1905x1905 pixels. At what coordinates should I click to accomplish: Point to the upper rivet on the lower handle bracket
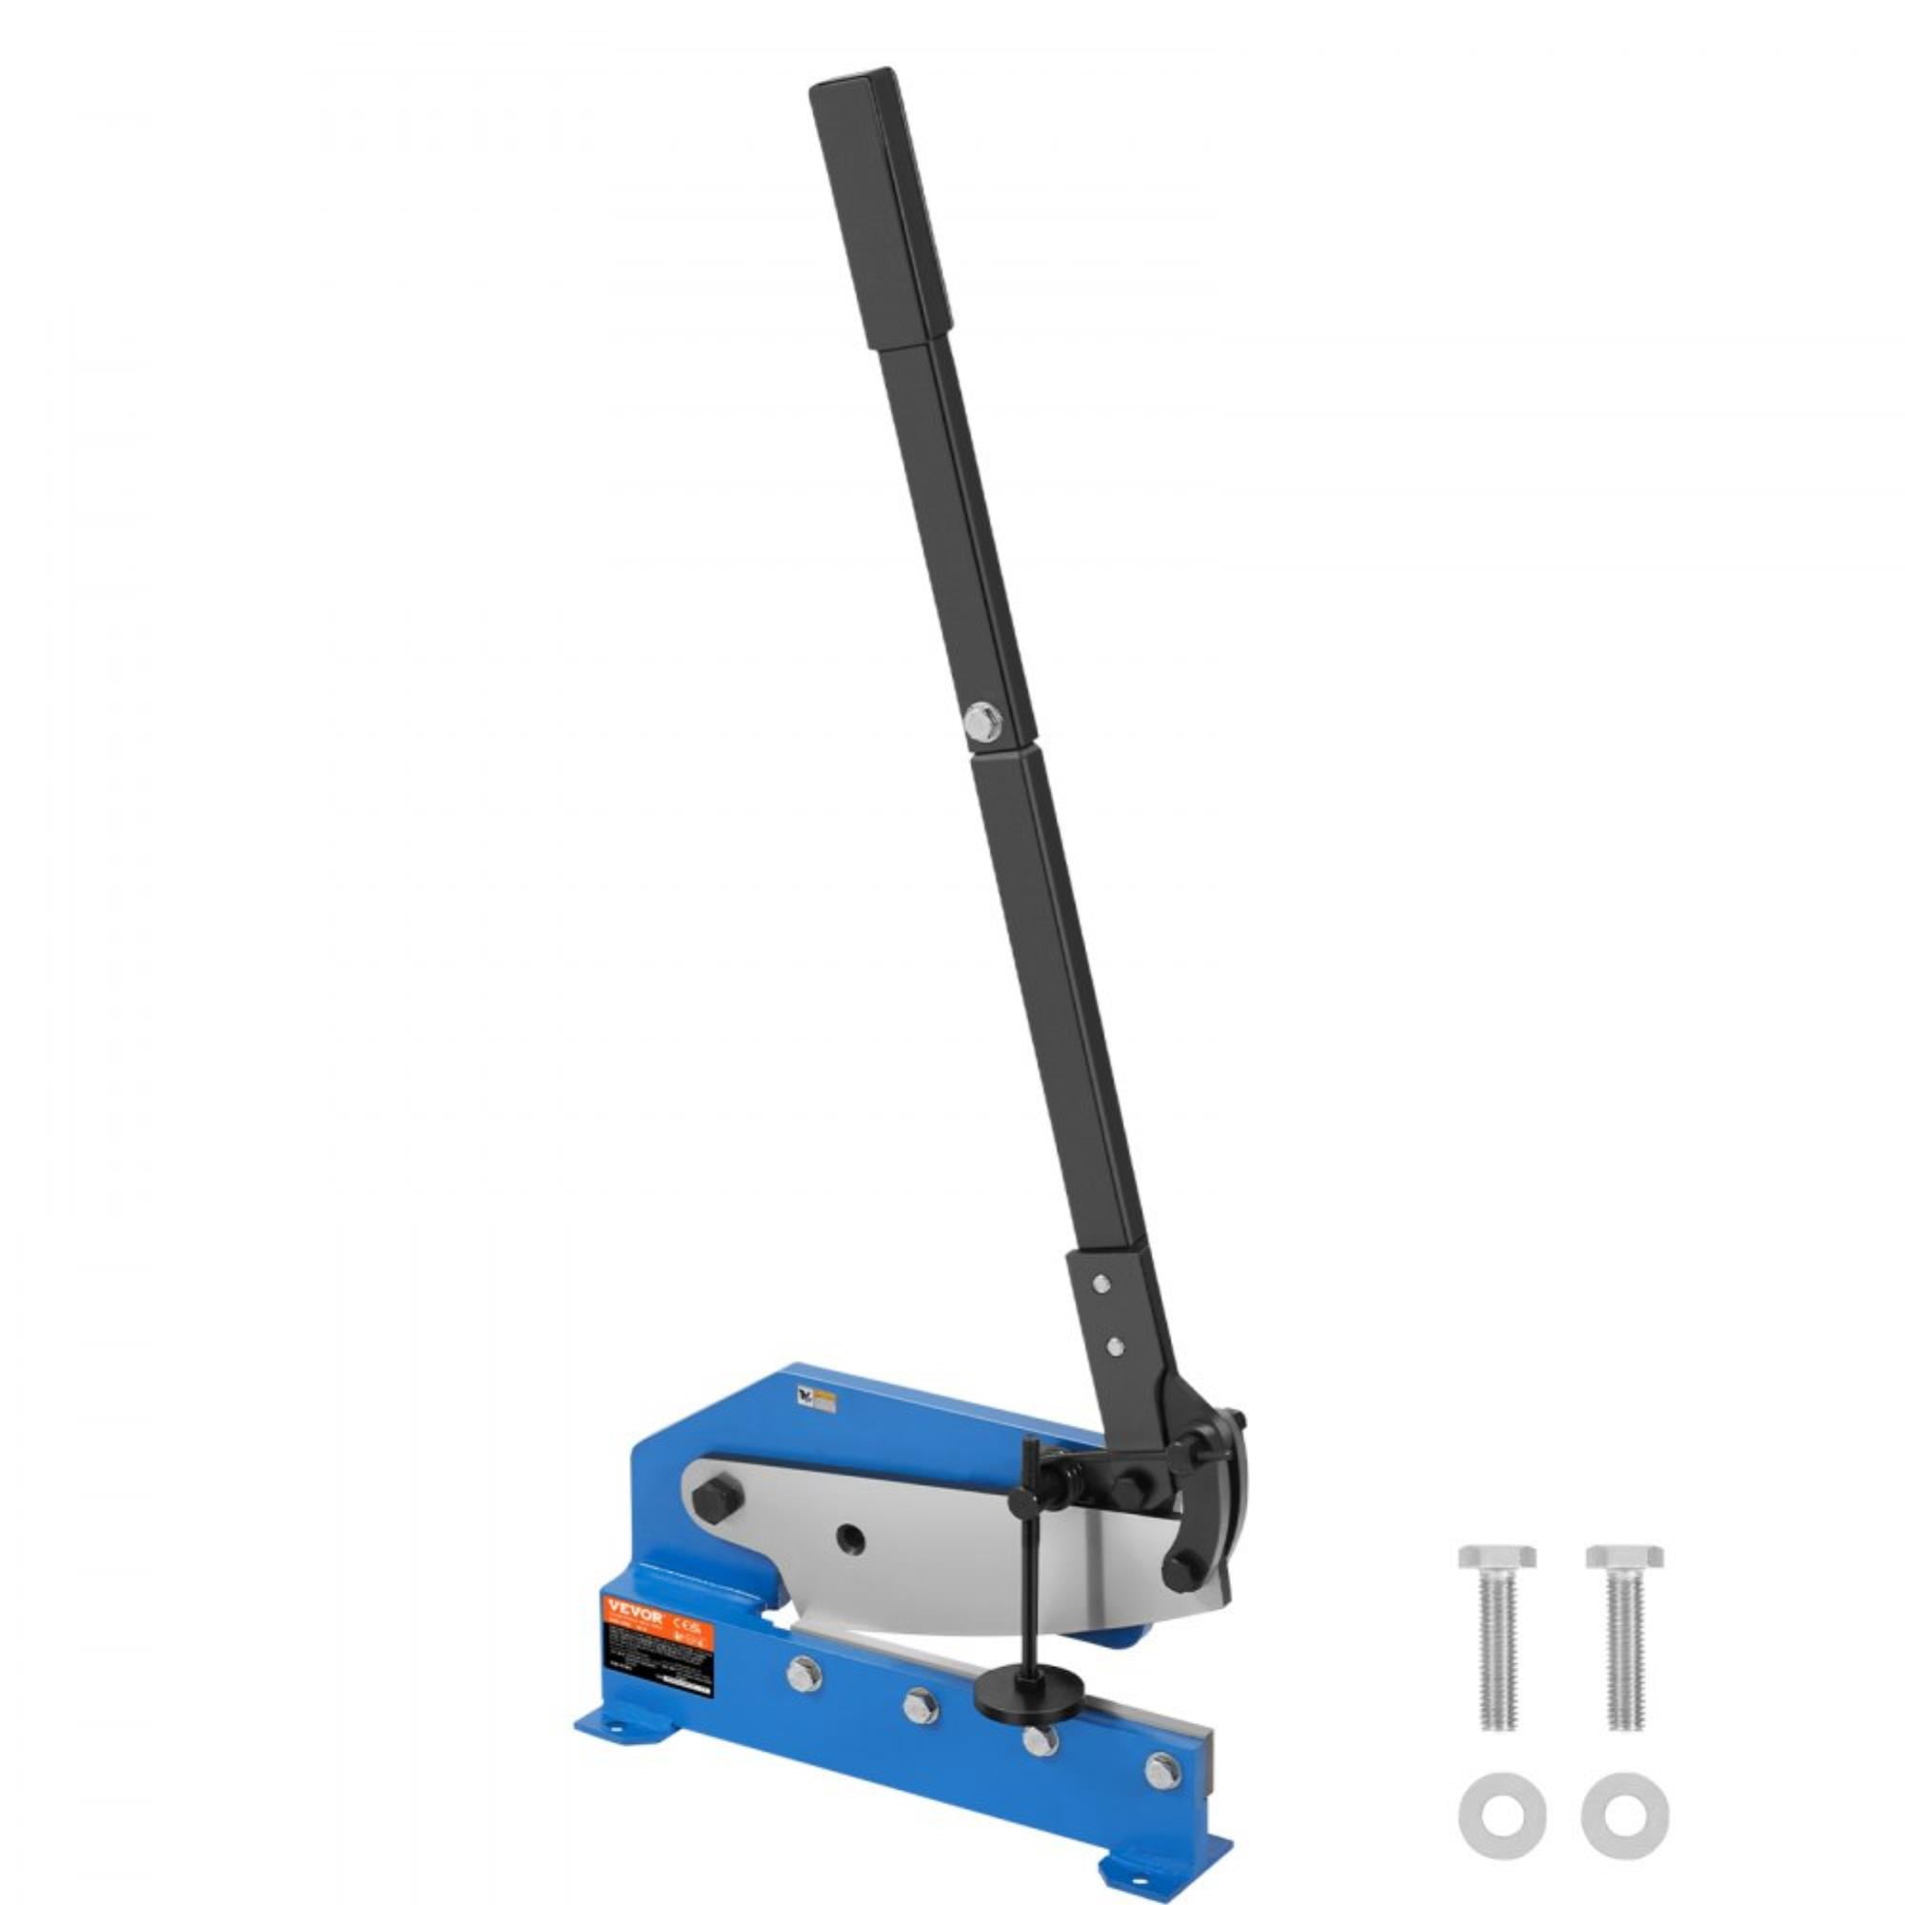coord(1101,1281)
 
